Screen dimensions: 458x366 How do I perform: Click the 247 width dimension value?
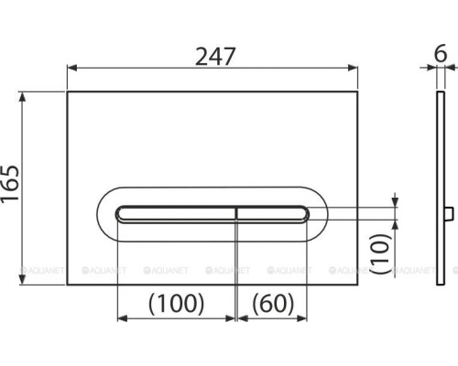(x=215, y=57)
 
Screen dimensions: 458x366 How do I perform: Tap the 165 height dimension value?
(x=10, y=183)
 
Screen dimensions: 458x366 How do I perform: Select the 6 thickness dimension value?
(x=441, y=53)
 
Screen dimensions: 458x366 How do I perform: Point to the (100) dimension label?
(x=176, y=304)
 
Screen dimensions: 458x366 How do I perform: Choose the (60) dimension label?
(x=273, y=304)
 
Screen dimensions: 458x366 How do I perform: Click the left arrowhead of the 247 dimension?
(x=71, y=68)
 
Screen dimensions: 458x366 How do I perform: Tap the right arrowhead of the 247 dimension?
(x=354, y=68)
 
